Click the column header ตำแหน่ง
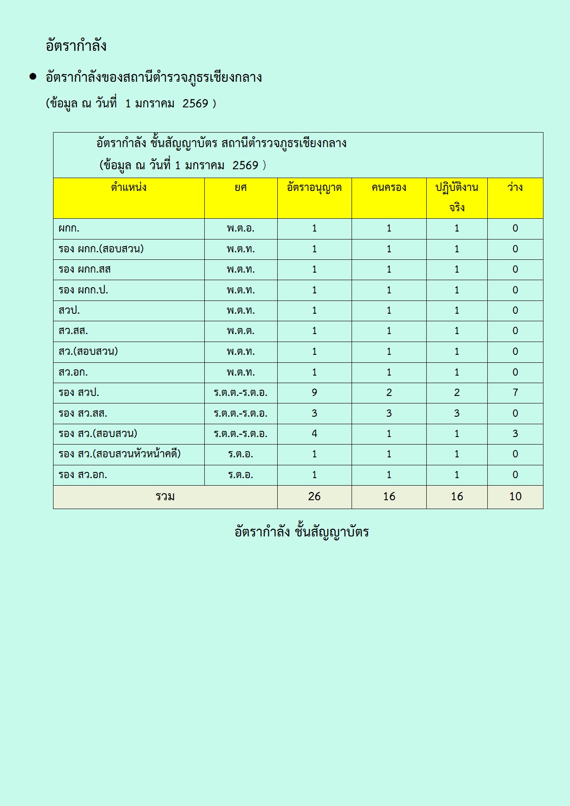coord(129,188)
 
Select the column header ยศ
coord(241,188)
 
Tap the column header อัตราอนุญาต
coord(314,188)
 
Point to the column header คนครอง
coord(389,188)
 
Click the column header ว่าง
coord(515,188)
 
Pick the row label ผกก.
coord(69,229)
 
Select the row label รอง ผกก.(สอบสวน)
coord(101,249)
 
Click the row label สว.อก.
coord(73,373)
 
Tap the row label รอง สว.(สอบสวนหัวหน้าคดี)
coord(119,454)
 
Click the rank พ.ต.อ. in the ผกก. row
coord(241,229)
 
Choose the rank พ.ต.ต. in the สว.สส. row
coord(241,331)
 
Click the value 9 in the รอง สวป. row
coord(314,393)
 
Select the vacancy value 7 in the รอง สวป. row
coord(515,393)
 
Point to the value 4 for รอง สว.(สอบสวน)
coord(314,434)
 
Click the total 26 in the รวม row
coord(314,497)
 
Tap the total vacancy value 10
coord(515,497)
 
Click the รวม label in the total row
coord(165,497)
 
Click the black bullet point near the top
coord(33,76)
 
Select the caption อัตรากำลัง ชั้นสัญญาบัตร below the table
coord(302,532)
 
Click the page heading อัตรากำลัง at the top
coord(76,46)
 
